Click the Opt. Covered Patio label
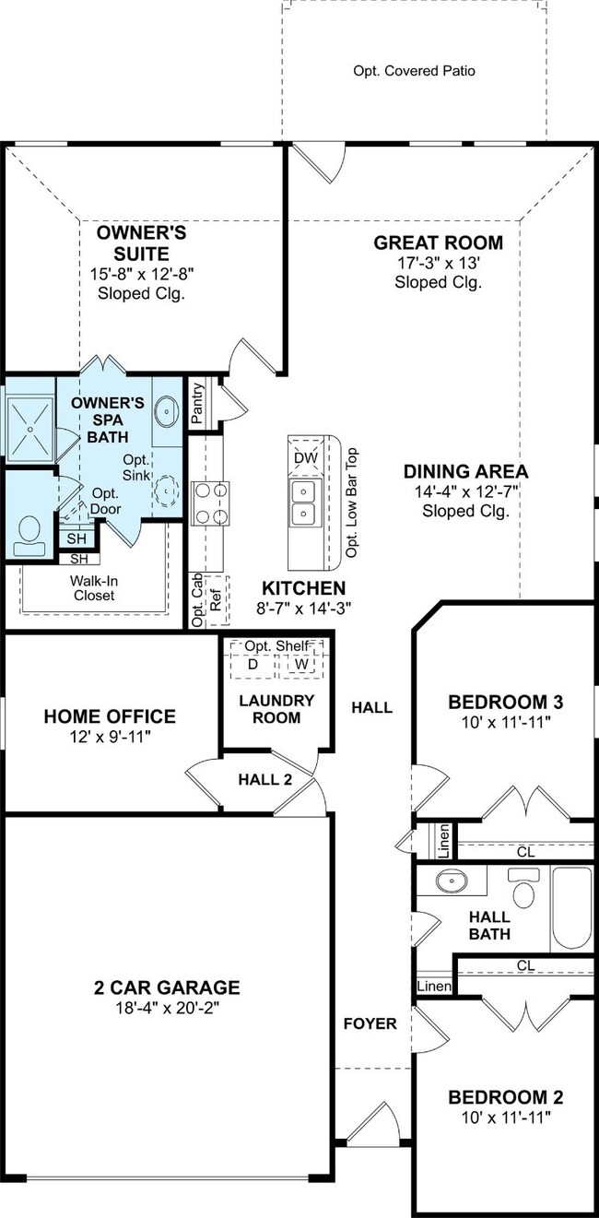(x=414, y=71)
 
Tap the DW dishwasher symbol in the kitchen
(x=305, y=457)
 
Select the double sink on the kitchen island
(x=304, y=503)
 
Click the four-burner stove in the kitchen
(x=210, y=503)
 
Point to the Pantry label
(x=197, y=403)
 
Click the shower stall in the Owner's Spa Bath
(x=30, y=429)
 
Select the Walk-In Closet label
(x=94, y=588)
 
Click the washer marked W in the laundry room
(x=301, y=665)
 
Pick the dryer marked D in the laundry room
(x=253, y=665)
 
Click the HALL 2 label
(x=265, y=779)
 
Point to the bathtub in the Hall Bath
(x=572, y=908)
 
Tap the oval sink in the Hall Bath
(x=452, y=881)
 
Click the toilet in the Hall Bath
(x=523, y=887)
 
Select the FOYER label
(x=370, y=1023)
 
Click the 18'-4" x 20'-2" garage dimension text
(x=167, y=1008)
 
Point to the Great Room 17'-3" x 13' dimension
(x=438, y=264)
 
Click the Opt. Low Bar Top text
(x=352, y=503)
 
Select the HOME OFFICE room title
(x=110, y=716)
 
